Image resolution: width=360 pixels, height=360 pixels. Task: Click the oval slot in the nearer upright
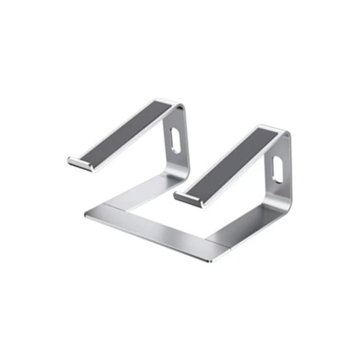click(276, 169)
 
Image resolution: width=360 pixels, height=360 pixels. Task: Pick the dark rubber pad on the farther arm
click(131, 131)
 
